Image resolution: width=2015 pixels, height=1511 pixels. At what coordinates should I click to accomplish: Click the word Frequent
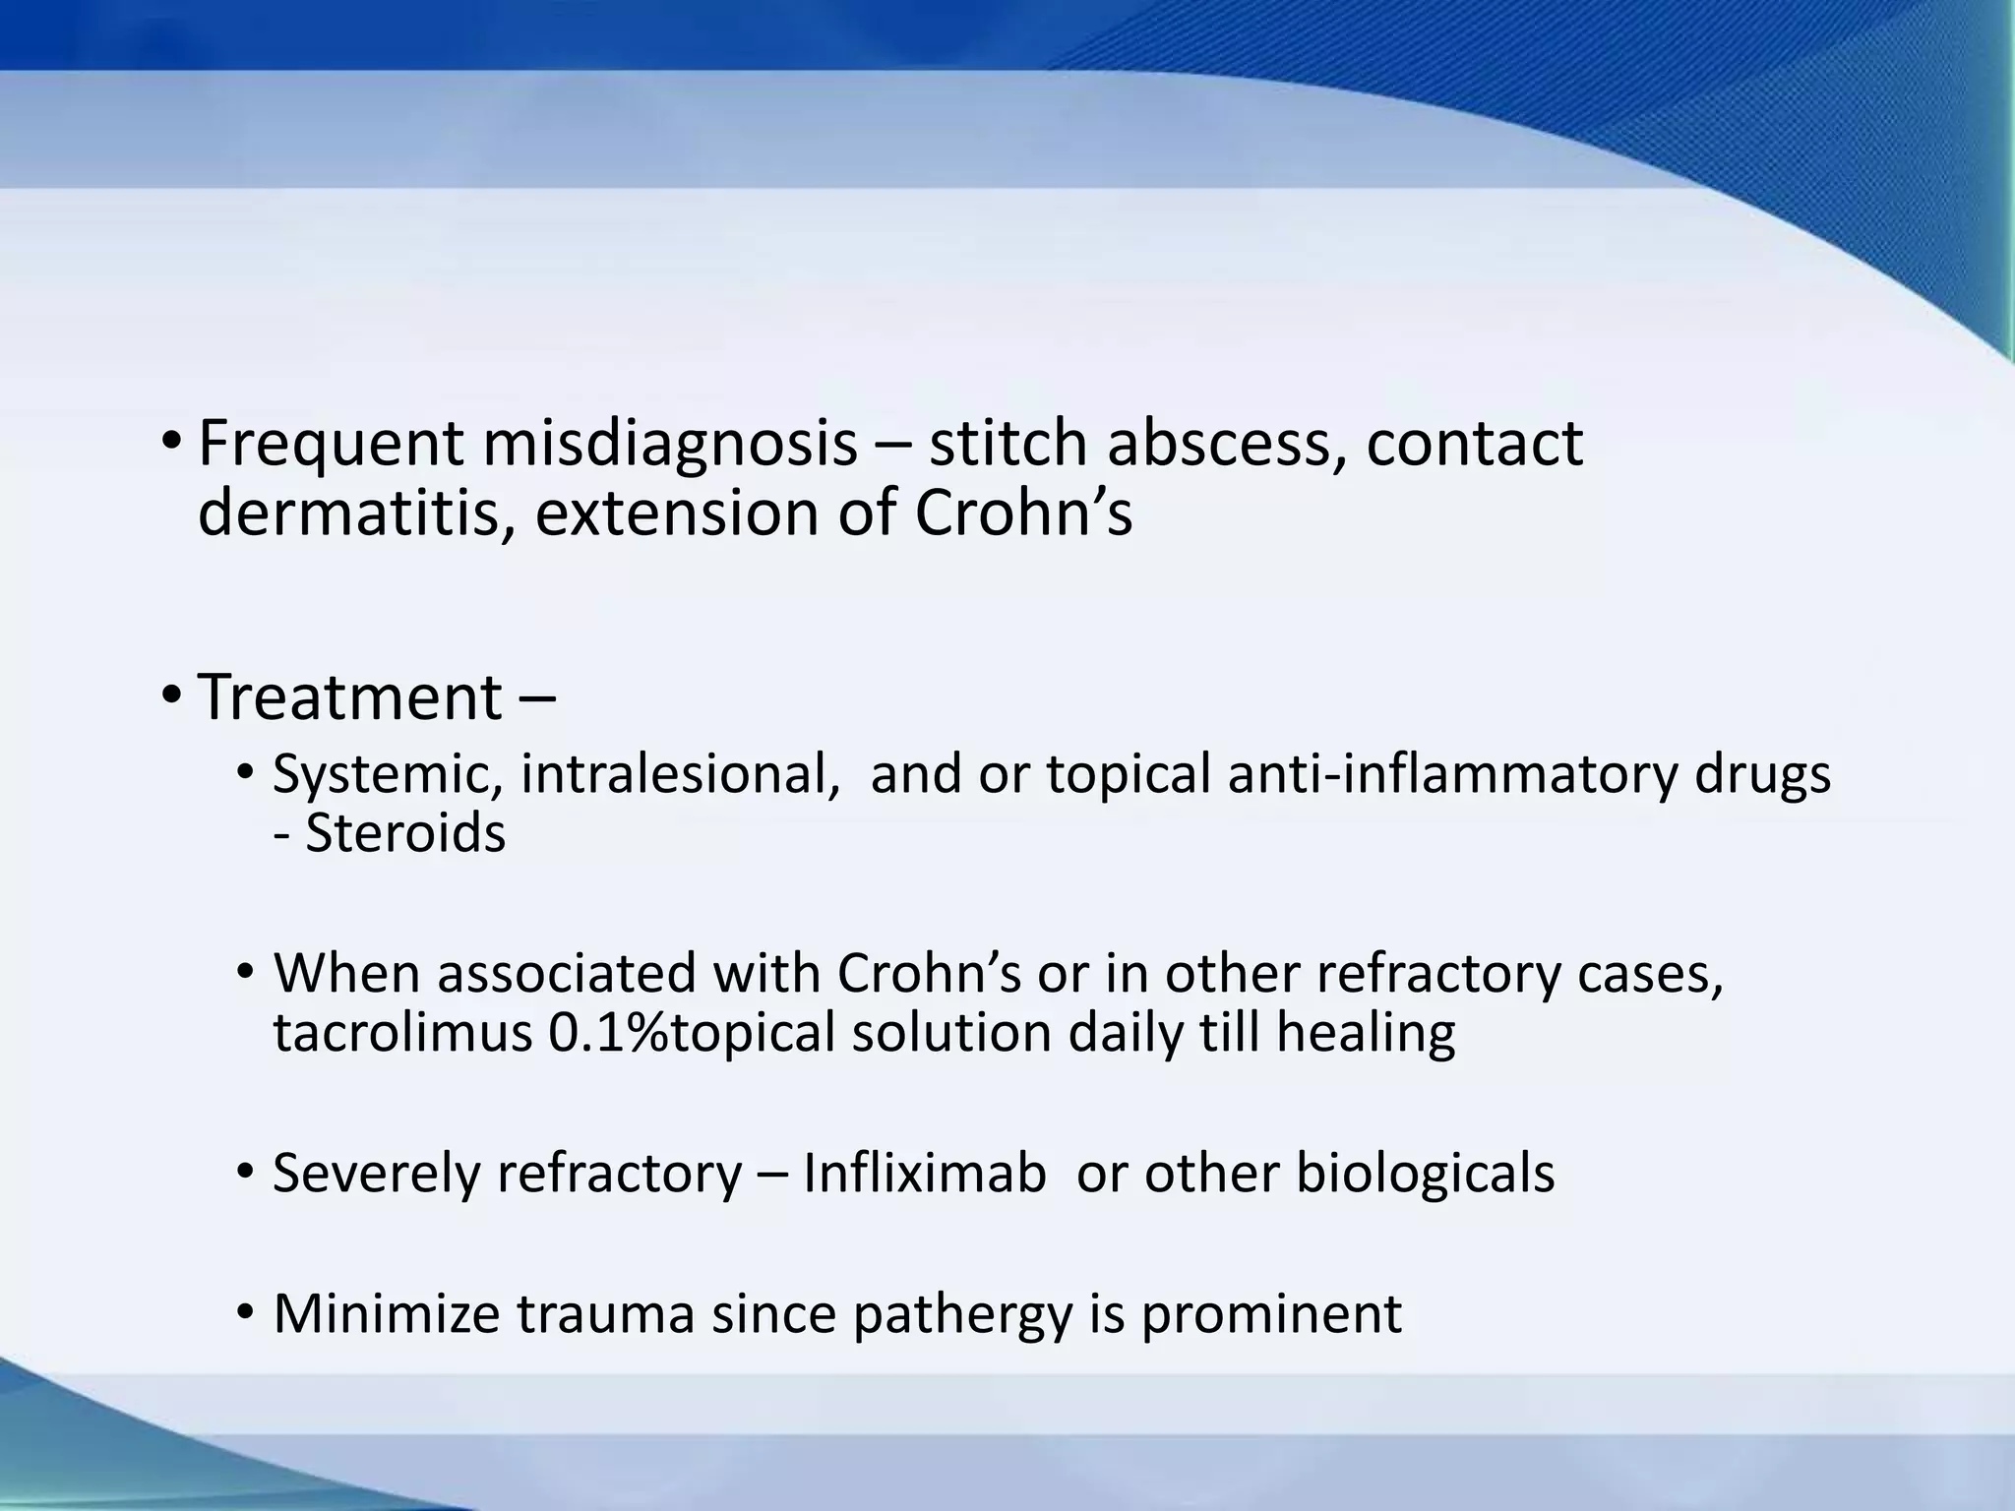(331, 445)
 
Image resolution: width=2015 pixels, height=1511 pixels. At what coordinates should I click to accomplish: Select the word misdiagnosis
(669, 445)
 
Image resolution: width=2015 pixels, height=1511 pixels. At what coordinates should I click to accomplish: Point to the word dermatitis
(356, 514)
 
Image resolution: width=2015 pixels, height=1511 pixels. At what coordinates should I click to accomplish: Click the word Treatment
(350, 696)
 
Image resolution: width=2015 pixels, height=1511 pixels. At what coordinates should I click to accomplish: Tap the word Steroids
(405, 834)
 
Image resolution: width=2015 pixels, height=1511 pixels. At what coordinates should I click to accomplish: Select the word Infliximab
(924, 1174)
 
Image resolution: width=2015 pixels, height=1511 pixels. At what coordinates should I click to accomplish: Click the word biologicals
(1425, 1174)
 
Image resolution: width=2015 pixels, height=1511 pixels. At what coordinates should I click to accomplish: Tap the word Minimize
(387, 1313)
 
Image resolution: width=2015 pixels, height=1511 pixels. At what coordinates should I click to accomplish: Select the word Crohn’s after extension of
(1023, 514)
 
